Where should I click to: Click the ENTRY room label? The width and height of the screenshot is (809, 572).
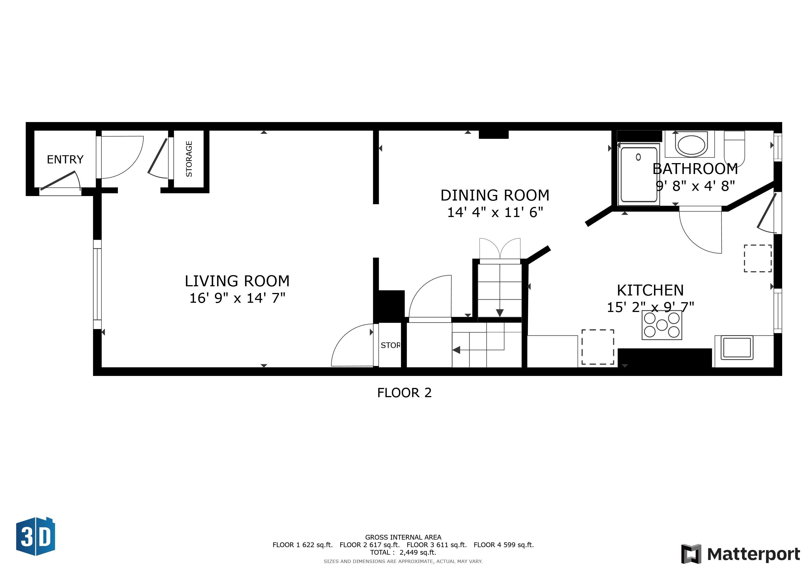point(65,159)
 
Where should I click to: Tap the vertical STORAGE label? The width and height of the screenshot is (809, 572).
point(189,159)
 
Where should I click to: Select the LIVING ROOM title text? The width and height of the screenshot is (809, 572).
point(237,281)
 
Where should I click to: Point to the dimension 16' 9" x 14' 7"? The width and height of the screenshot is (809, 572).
point(237,298)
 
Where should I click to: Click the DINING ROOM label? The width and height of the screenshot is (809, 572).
point(495,195)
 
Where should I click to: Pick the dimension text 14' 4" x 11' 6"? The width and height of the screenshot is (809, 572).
point(495,212)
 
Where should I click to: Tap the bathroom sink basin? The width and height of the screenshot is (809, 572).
point(691,144)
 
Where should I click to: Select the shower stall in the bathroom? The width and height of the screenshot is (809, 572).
point(639,175)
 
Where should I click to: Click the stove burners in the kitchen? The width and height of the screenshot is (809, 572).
point(662,325)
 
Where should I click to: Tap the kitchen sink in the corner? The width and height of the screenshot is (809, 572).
point(736,348)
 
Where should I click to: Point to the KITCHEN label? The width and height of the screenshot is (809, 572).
point(650,290)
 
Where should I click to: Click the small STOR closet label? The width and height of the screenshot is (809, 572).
point(390,345)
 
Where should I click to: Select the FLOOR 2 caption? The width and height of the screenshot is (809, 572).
point(404,393)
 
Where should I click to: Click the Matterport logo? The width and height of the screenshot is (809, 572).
point(740,554)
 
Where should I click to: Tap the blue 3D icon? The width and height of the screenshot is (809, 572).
point(35,537)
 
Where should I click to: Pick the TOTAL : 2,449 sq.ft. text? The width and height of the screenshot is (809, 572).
point(403,552)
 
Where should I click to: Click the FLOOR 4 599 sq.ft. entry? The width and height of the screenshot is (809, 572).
point(503,545)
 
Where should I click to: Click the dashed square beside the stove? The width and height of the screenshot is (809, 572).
point(598,347)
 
